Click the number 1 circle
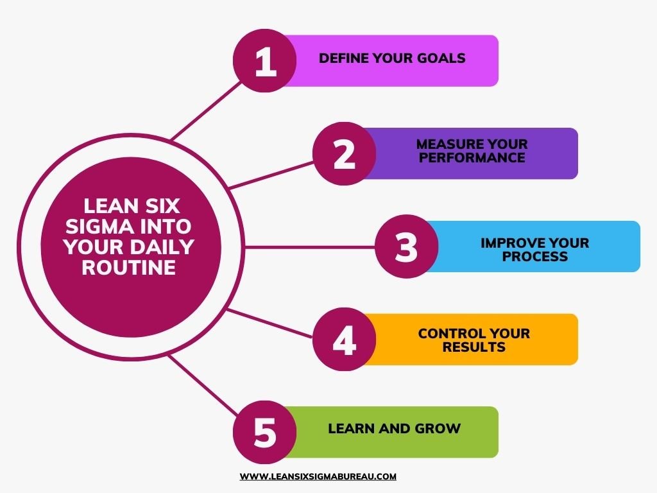[x=265, y=61]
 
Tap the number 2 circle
[x=345, y=153]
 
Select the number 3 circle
[x=406, y=246]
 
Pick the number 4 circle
[x=345, y=339]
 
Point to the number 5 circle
[x=265, y=432]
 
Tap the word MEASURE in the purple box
[x=445, y=144]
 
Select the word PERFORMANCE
[x=472, y=158]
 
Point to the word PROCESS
[x=535, y=256]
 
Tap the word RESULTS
[x=474, y=347]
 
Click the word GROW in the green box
[x=438, y=428]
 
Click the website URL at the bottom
[x=318, y=477]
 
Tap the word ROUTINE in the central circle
[x=128, y=268]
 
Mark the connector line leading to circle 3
[x=310, y=247]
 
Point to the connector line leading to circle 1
[x=206, y=110]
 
